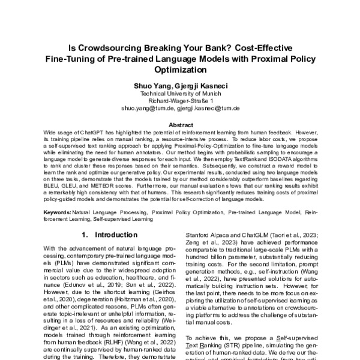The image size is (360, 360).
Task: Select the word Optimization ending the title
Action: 180,70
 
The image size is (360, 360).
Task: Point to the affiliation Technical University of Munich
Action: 180,94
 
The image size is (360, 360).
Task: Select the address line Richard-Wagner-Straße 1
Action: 180,101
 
